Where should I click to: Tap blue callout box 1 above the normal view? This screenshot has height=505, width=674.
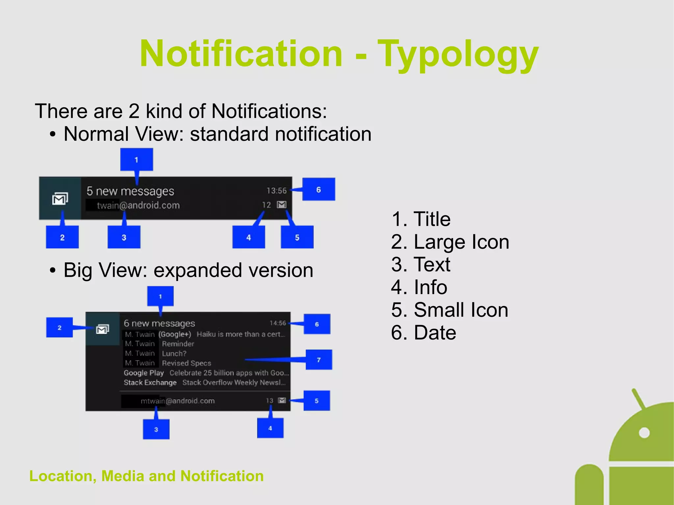136,160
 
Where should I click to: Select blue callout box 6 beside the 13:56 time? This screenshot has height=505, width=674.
318,189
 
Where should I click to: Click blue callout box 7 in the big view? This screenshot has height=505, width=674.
319,360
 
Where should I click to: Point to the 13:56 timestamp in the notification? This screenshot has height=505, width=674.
276,191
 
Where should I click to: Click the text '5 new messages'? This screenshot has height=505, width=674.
130,191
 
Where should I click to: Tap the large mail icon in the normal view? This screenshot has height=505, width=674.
60,199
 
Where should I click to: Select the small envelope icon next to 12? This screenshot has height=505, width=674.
282,205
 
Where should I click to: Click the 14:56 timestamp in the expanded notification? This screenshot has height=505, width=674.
278,323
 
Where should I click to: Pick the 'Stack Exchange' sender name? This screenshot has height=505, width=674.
150,383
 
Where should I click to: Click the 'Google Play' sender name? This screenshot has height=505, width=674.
143,373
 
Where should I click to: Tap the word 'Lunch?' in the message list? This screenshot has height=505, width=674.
174,354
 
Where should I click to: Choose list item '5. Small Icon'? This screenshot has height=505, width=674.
450,310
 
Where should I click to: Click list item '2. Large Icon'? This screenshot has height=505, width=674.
450,242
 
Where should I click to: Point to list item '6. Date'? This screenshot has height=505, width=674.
424,333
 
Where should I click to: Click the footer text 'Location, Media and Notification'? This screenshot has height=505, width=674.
146,476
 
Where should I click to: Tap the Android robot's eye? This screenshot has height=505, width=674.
644,433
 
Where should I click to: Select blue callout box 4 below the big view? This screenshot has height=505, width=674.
270,428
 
